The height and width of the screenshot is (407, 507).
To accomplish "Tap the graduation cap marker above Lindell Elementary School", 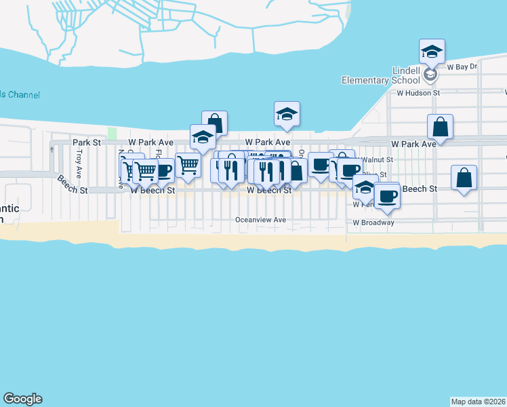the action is click(432, 51).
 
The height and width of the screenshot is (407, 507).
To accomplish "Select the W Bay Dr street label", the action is click(462, 68).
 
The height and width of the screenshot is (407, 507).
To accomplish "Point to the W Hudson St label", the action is click(418, 92).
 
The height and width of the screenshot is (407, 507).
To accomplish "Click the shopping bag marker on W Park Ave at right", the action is click(440, 126).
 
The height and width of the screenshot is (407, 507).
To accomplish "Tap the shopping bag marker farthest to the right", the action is click(464, 178).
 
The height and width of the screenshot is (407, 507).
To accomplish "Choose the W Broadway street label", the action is click(373, 222).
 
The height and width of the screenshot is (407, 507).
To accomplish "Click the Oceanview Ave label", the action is click(260, 220).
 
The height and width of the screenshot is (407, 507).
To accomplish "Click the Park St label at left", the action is click(87, 142).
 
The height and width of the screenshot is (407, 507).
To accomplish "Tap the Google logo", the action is click(22, 399).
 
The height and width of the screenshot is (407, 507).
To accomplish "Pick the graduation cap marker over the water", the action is click(287, 114).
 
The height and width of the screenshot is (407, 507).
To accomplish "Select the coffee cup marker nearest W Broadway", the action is click(387, 195).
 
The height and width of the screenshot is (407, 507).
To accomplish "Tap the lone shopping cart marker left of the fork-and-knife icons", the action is click(188, 164).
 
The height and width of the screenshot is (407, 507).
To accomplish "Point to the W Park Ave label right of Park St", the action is click(152, 142).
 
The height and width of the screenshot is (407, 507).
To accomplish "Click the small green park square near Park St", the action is click(113, 133).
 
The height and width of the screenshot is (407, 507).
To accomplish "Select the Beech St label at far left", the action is click(72, 185).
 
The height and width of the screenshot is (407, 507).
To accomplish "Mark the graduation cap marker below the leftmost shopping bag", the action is click(203, 137).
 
